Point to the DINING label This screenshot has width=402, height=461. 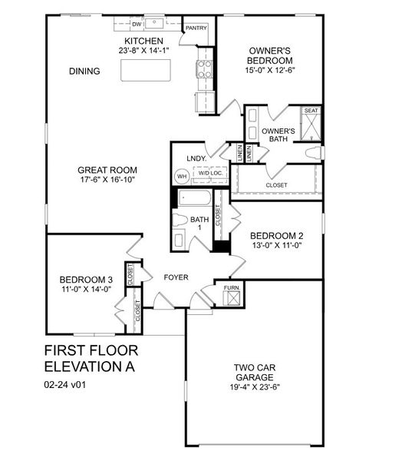tap(84, 71)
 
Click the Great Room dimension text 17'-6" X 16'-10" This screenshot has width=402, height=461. tap(107, 183)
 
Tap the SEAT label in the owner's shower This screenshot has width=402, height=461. tap(311, 111)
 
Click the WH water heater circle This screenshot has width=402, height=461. tap(182, 176)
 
